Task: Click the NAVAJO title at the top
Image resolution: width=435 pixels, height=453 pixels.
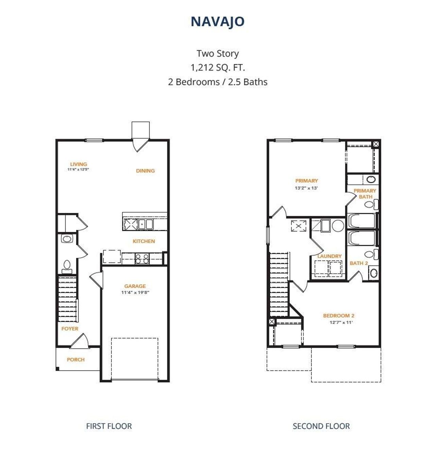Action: pyautogui.click(x=217, y=21)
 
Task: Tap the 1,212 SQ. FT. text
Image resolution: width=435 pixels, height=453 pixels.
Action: pyautogui.click(x=217, y=68)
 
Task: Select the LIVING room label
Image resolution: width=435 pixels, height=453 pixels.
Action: pyautogui.click(x=79, y=164)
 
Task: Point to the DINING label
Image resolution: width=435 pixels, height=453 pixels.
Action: pyautogui.click(x=145, y=171)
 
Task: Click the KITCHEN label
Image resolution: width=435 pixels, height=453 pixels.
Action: pyautogui.click(x=144, y=241)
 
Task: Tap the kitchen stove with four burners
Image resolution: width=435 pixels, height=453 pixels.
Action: pyautogui.click(x=142, y=259)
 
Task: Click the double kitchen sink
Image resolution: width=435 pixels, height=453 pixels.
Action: pyautogui.click(x=145, y=224)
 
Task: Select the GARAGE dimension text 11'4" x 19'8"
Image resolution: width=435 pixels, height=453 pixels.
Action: pyautogui.click(x=135, y=292)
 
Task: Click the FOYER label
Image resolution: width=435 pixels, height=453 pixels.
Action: pyautogui.click(x=70, y=329)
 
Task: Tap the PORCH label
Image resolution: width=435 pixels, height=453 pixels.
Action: pyautogui.click(x=75, y=360)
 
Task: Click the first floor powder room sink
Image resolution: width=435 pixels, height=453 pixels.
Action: pyautogui.click(x=67, y=239)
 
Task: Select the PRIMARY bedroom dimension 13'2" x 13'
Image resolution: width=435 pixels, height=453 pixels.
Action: pyautogui.click(x=306, y=188)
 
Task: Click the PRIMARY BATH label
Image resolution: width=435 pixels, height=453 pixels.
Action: pyautogui.click(x=365, y=194)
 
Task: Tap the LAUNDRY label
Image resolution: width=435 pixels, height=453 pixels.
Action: pyautogui.click(x=329, y=256)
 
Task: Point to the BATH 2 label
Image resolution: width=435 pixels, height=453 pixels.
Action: pyautogui.click(x=359, y=263)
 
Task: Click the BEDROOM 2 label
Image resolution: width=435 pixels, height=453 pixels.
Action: pyautogui.click(x=338, y=315)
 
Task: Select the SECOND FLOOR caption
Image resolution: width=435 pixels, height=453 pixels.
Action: pyautogui.click(x=321, y=426)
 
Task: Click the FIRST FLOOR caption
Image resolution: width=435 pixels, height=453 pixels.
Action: pyautogui.click(x=109, y=426)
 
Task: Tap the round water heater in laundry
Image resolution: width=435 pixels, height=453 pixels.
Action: pyautogui.click(x=338, y=225)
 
